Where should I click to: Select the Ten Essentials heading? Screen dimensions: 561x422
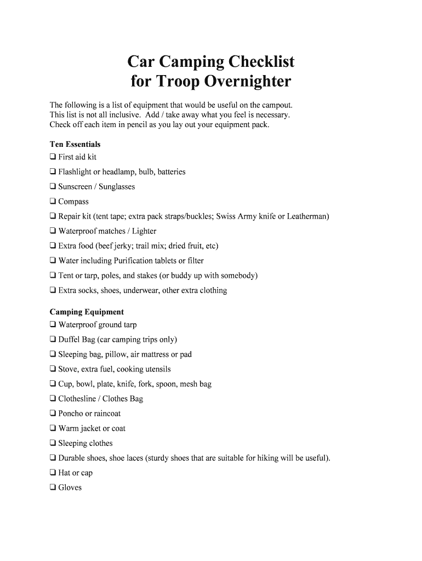[75, 145]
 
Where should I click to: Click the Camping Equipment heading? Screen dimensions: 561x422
[87, 312]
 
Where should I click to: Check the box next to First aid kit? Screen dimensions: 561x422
[53, 157]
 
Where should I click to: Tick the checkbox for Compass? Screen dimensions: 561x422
[53, 202]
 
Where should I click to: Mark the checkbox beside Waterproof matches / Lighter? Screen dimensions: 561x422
[53, 231]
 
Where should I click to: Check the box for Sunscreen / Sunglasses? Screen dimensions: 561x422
[53, 187]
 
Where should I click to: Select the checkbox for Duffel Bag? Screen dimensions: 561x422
[53, 340]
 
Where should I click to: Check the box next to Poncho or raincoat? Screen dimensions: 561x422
[53, 414]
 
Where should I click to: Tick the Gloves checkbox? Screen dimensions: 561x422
[53, 488]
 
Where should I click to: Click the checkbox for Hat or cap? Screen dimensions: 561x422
[53, 473]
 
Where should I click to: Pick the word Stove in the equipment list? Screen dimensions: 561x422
[68, 369]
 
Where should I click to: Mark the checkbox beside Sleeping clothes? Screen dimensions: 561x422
[53, 443]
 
